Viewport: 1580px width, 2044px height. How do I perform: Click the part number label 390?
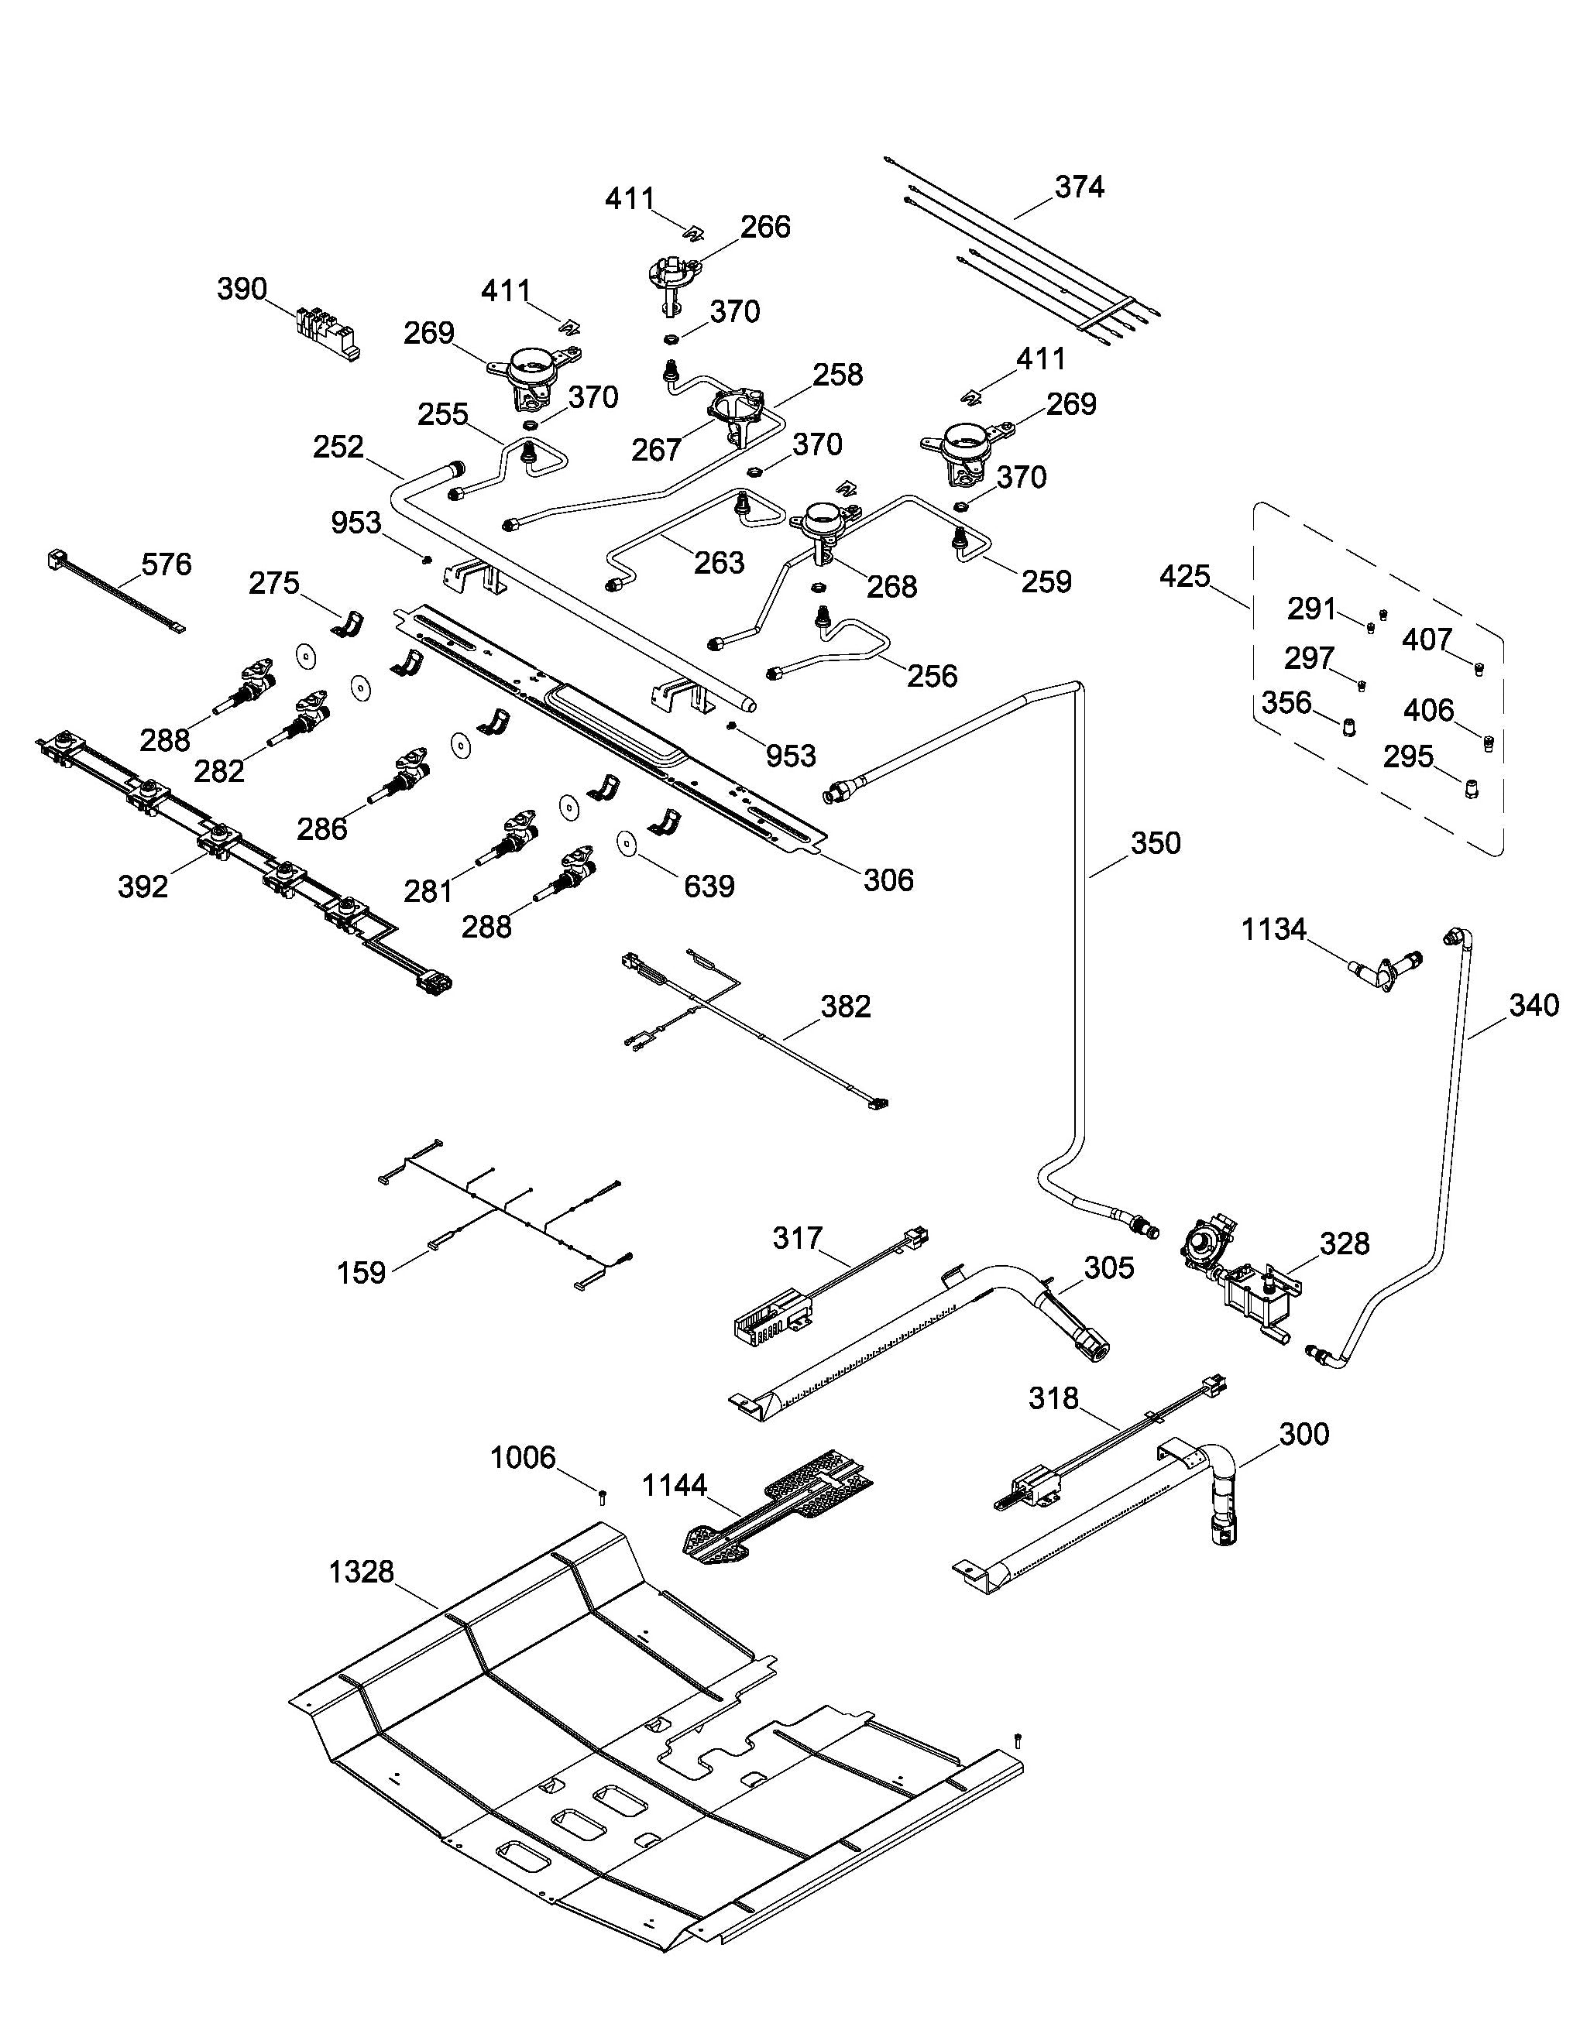tap(242, 290)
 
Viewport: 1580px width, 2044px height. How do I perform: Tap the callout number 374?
tap(1079, 187)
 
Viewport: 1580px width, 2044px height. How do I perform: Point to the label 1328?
tap(361, 1572)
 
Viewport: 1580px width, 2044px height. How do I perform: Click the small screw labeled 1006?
tap(603, 1497)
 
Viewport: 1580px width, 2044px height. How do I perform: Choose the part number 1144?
tap(675, 1485)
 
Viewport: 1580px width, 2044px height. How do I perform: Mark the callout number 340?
tap(1534, 1005)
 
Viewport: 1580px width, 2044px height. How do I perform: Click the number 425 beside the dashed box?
tap(1185, 577)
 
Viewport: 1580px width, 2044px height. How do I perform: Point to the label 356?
tap(1286, 703)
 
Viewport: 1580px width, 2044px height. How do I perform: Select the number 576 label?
tap(167, 564)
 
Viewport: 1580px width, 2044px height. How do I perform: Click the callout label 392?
tap(143, 887)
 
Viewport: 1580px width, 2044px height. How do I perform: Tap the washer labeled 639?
tap(627, 842)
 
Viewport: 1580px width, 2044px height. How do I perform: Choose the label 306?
tap(888, 880)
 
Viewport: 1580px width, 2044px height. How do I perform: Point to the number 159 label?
tap(361, 1273)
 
